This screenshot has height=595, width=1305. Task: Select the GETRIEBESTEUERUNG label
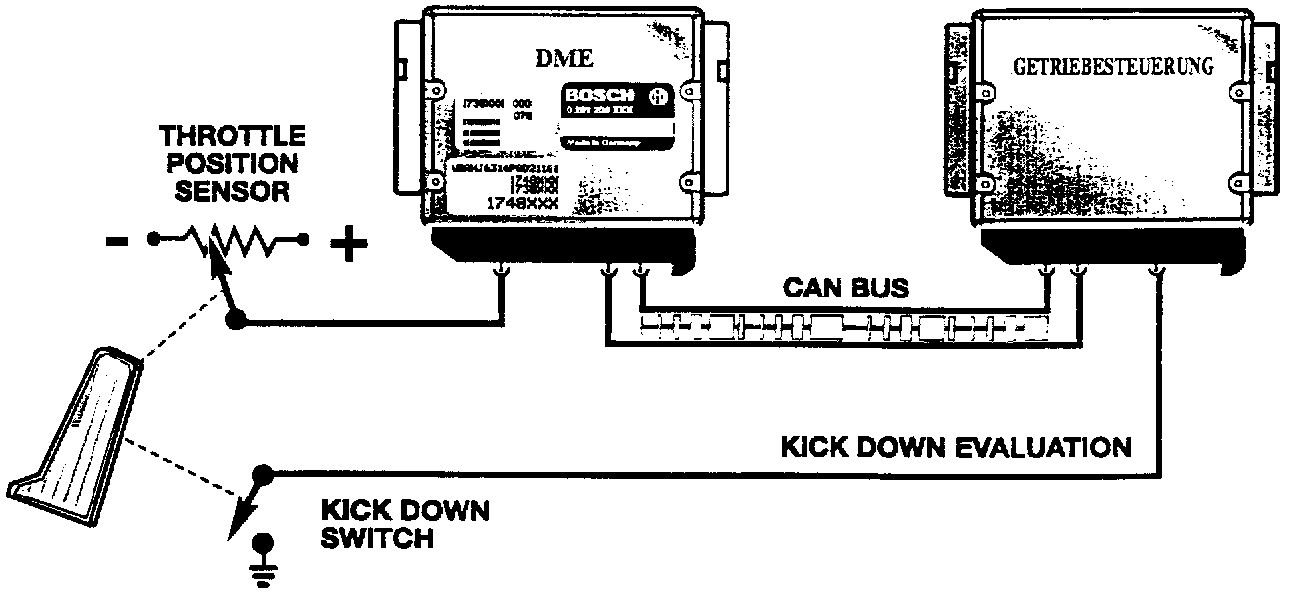pyautogui.click(x=1113, y=68)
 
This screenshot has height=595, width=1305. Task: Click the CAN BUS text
pyautogui.click(x=844, y=289)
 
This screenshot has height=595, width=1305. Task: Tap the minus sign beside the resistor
pyautogui.click(x=116, y=242)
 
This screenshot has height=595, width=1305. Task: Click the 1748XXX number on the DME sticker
pyautogui.click(x=521, y=203)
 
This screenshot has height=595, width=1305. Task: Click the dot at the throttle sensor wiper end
pyautogui.click(x=236, y=319)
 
